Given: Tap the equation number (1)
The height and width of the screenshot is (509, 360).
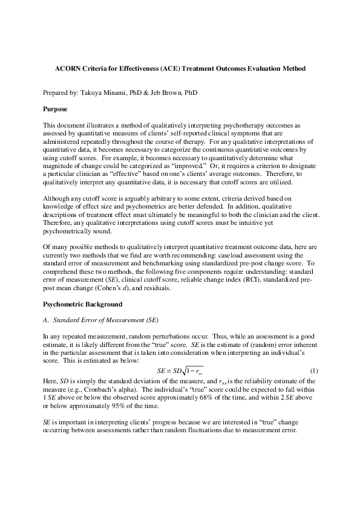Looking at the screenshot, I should tap(314, 369).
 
